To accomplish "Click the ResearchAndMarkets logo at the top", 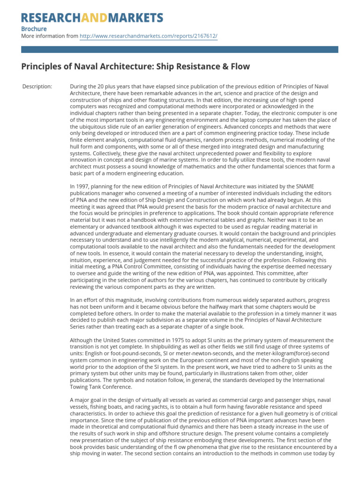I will pyautogui.click(x=92, y=18).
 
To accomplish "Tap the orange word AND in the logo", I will pyautogui.click(x=95, y=18).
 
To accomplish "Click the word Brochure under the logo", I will pyautogui.click(x=34, y=29).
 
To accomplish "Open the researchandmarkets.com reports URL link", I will pyautogui.click(x=149, y=36).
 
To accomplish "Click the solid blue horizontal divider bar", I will pyautogui.click(x=180, y=49).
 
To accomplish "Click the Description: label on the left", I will pyautogui.click(x=37, y=87).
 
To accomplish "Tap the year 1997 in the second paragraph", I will pyautogui.click(x=84, y=187).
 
